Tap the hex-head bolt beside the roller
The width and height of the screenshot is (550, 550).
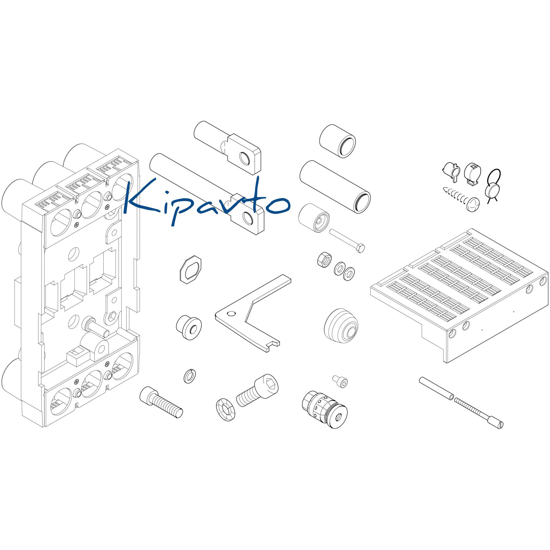pyautogui.click(x=347, y=240)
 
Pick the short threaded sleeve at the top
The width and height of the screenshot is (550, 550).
pyautogui.click(x=337, y=141)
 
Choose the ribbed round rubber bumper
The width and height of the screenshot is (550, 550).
pyautogui.click(x=341, y=326)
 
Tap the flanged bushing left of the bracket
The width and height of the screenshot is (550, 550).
pyautogui.click(x=189, y=327)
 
